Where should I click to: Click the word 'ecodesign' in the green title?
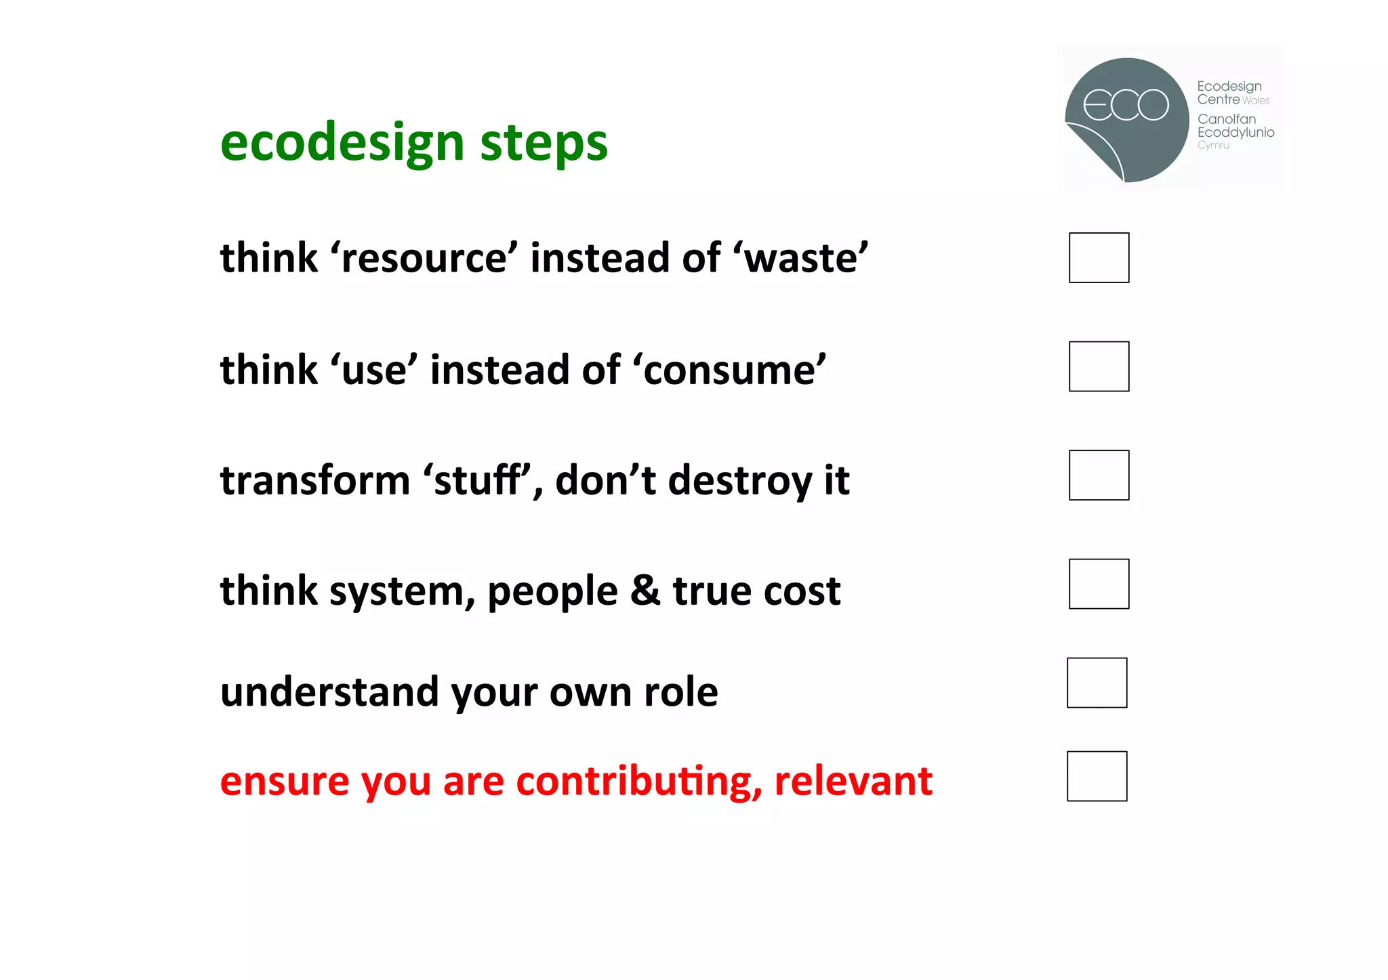342,144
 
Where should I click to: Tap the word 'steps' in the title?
544,144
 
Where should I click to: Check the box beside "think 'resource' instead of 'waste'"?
1099,257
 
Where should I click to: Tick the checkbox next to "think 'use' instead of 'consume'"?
1099,366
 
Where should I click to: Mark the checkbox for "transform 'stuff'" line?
1099,475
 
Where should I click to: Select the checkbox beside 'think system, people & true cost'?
1099,584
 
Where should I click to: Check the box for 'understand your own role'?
1097,683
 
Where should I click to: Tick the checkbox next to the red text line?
1097,776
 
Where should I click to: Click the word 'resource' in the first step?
424,259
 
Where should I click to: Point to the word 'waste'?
805,259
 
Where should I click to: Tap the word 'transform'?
315,480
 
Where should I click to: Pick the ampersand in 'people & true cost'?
645,591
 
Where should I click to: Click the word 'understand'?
329,692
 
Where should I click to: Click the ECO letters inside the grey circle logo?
1126,105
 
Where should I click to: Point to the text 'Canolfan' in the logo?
1226,119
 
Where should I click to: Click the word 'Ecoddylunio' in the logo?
1236,133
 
